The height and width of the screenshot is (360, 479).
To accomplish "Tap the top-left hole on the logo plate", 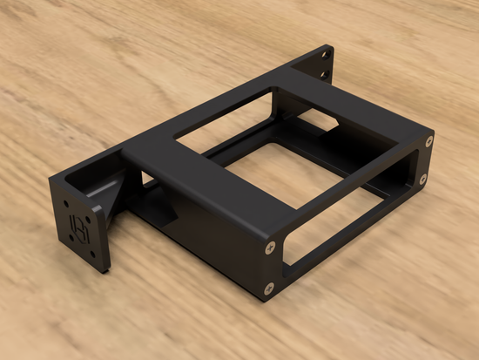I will click(71, 206).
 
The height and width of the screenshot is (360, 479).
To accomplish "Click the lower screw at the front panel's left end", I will click(271, 282).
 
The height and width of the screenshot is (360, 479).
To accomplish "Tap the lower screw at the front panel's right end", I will click(425, 178).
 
